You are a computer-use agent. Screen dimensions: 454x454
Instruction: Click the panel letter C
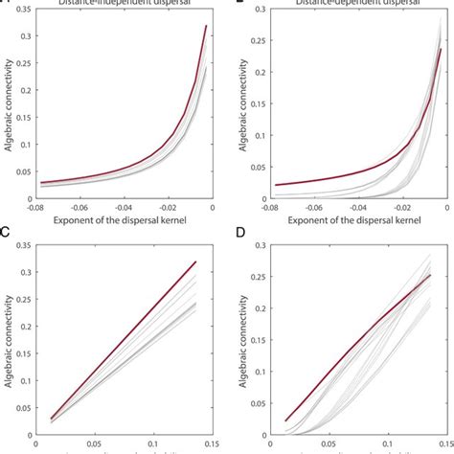click(x=6, y=231)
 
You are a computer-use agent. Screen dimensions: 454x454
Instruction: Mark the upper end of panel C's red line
click(x=196, y=261)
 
